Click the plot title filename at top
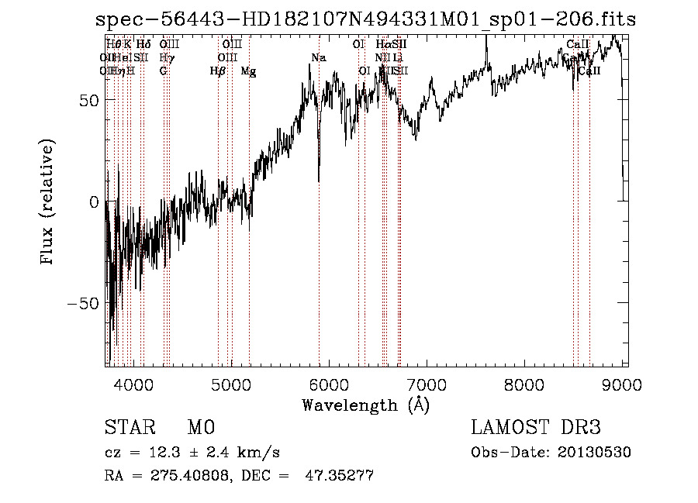pyautogui.click(x=365, y=20)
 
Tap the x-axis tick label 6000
pyautogui.click(x=329, y=384)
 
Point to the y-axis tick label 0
pyautogui.click(x=93, y=202)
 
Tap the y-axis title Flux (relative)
pyautogui.click(x=48, y=203)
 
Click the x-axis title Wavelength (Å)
pyautogui.click(x=365, y=405)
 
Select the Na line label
pyautogui.click(x=319, y=57)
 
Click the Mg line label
pyautogui.click(x=248, y=71)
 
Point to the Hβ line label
pyautogui.click(x=218, y=71)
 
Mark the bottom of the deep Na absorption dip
pyautogui.click(x=319, y=181)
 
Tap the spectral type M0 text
pyautogui.click(x=201, y=428)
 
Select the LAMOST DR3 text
pyautogui.click(x=535, y=428)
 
